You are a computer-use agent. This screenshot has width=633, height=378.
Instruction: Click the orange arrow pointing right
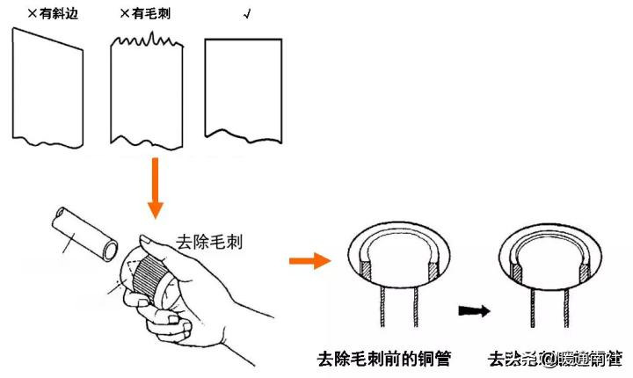point(309,259)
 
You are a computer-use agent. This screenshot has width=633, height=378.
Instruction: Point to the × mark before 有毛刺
point(122,14)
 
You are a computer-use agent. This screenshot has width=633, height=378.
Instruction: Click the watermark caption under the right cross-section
point(557,359)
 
